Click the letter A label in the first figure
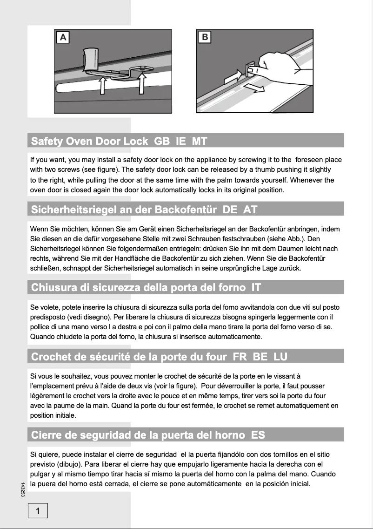(x=63, y=37)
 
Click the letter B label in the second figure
(x=205, y=37)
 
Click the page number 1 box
(x=38, y=511)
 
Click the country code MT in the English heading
(x=200, y=141)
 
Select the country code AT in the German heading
(x=250, y=210)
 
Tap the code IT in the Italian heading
(x=256, y=287)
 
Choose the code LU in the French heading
(x=280, y=357)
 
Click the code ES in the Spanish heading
(x=258, y=435)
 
